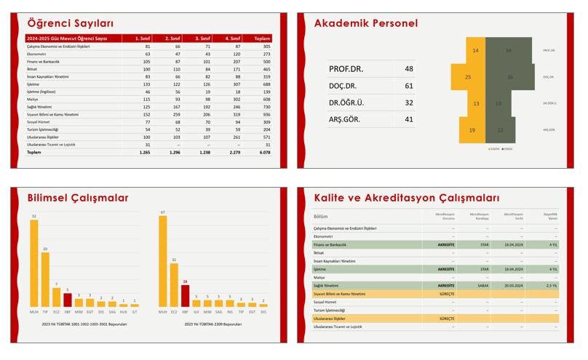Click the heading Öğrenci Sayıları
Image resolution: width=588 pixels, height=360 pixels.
[x=70, y=23]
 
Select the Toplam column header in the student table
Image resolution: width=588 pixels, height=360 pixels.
[x=262, y=39]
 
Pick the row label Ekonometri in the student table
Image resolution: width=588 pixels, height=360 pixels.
[x=37, y=54]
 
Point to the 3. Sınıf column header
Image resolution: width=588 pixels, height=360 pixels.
[x=202, y=39]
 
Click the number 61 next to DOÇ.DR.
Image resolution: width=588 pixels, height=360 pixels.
[x=408, y=86]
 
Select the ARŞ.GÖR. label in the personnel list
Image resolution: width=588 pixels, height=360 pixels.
[x=346, y=119]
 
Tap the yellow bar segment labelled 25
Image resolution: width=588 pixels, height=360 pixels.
[x=468, y=77]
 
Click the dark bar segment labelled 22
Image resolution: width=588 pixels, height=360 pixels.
[x=500, y=130]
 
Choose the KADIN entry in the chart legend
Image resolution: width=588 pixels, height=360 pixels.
[x=494, y=148]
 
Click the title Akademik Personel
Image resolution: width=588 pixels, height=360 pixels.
[x=365, y=23]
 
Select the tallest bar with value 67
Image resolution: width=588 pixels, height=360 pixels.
[x=163, y=261]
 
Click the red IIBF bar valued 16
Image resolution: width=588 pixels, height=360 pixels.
[x=185, y=295]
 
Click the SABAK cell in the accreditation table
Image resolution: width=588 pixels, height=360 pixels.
[x=484, y=286]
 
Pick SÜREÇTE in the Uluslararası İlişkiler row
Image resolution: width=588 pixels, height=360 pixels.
[x=446, y=319]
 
